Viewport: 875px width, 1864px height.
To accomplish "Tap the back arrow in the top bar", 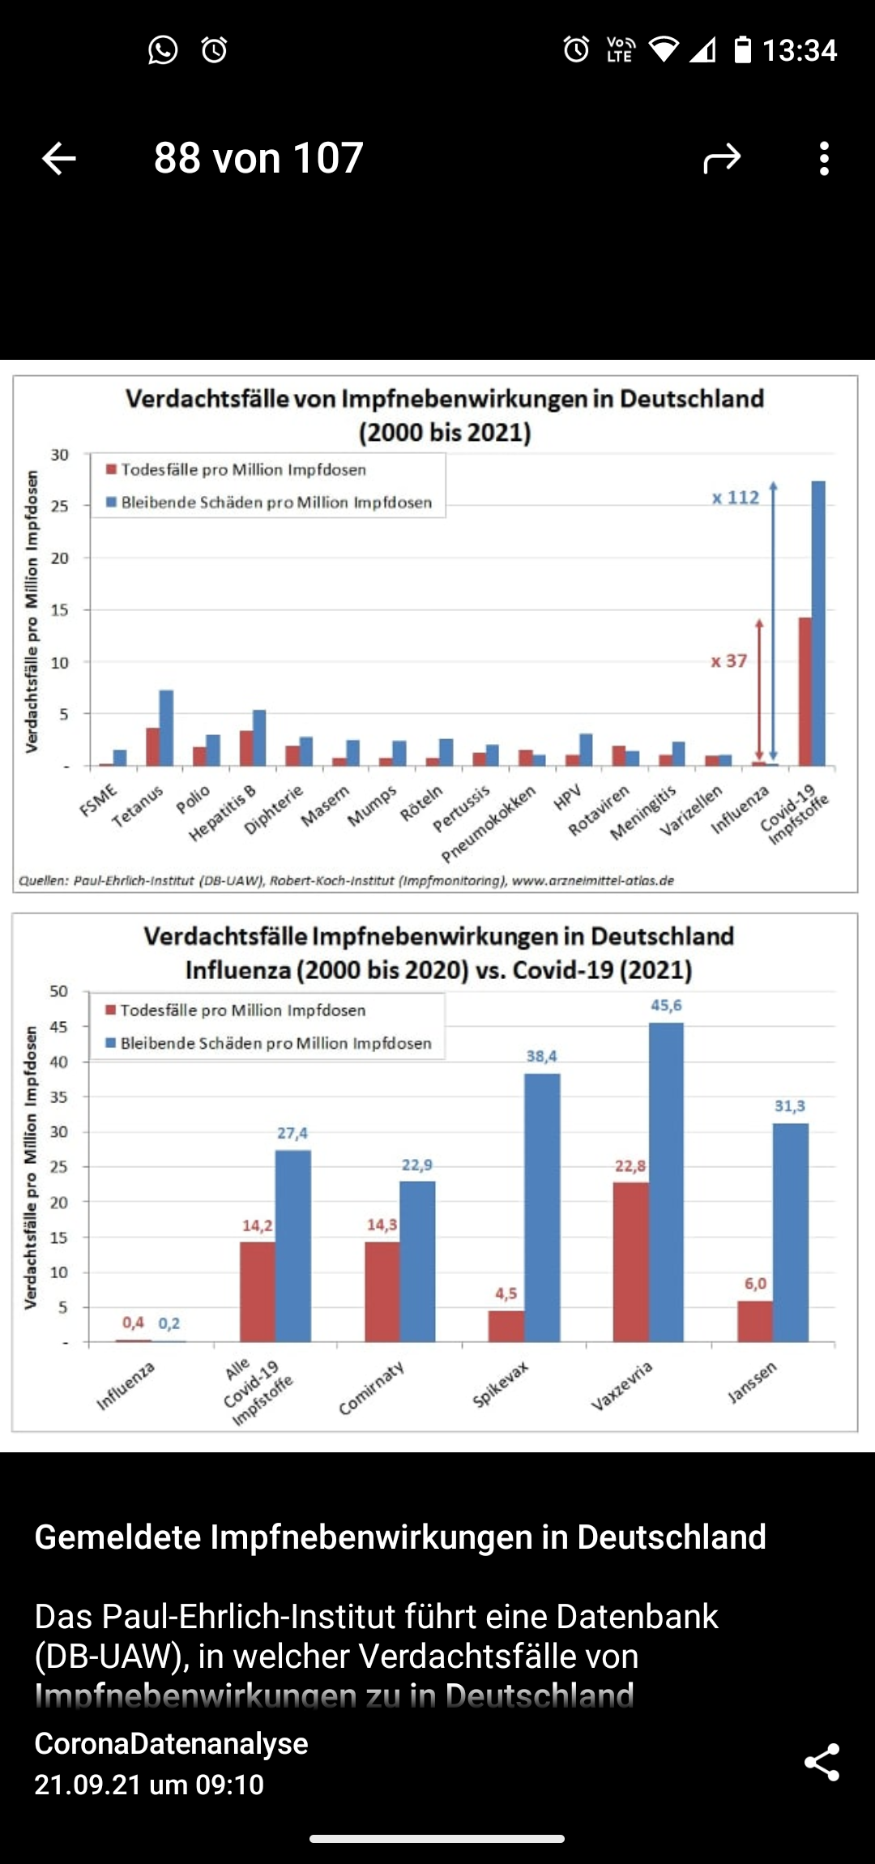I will (59, 158).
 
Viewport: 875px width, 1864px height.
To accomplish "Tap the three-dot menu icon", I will (824, 159).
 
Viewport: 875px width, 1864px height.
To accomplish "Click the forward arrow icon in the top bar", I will (721, 159).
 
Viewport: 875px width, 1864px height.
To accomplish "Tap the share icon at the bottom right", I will (822, 1764).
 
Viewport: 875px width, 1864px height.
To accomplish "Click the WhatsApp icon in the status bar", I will (163, 50).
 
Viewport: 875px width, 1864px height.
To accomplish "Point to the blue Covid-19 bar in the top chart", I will (818, 624).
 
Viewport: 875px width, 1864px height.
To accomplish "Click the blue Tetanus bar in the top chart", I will (166, 728).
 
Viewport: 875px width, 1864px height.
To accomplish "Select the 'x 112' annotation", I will (736, 498).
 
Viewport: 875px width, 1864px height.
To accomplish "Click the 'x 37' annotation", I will (729, 661).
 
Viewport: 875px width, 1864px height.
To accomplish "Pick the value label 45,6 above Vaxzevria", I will (666, 1006).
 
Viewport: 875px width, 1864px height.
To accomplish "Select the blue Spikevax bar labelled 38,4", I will (542, 1208).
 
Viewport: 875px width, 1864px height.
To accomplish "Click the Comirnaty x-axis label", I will (371, 1388).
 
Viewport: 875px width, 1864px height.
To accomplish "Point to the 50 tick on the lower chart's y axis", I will (59, 991).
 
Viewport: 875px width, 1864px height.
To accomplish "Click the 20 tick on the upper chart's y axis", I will (60, 558).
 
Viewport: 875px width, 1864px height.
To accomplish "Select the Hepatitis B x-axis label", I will (223, 813).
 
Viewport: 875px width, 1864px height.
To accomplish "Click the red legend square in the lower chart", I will (111, 1010).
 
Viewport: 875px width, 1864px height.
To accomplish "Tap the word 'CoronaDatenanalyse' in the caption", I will (171, 1744).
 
